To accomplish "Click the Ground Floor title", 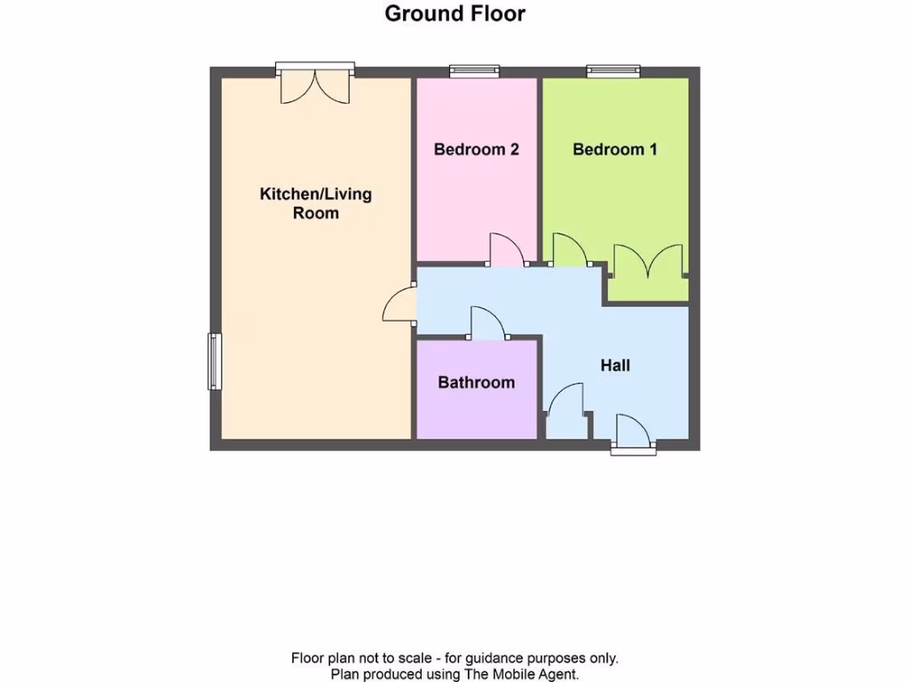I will pyautogui.click(x=454, y=14).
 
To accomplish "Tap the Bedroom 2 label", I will pyautogui.click(x=476, y=149).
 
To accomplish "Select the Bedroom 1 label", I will pyautogui.click(x=614, y=149).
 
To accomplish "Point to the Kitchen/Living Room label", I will pyautogui.click(x=315, y=203).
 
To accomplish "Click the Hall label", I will pyautogui.click(x=615, y=365).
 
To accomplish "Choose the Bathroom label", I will pyautogui.click(x=476, y=383).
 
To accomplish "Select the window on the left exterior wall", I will pyautogui.click(x=214, y=361).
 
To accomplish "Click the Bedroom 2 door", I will pyautogui.click(x=506, y=250).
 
